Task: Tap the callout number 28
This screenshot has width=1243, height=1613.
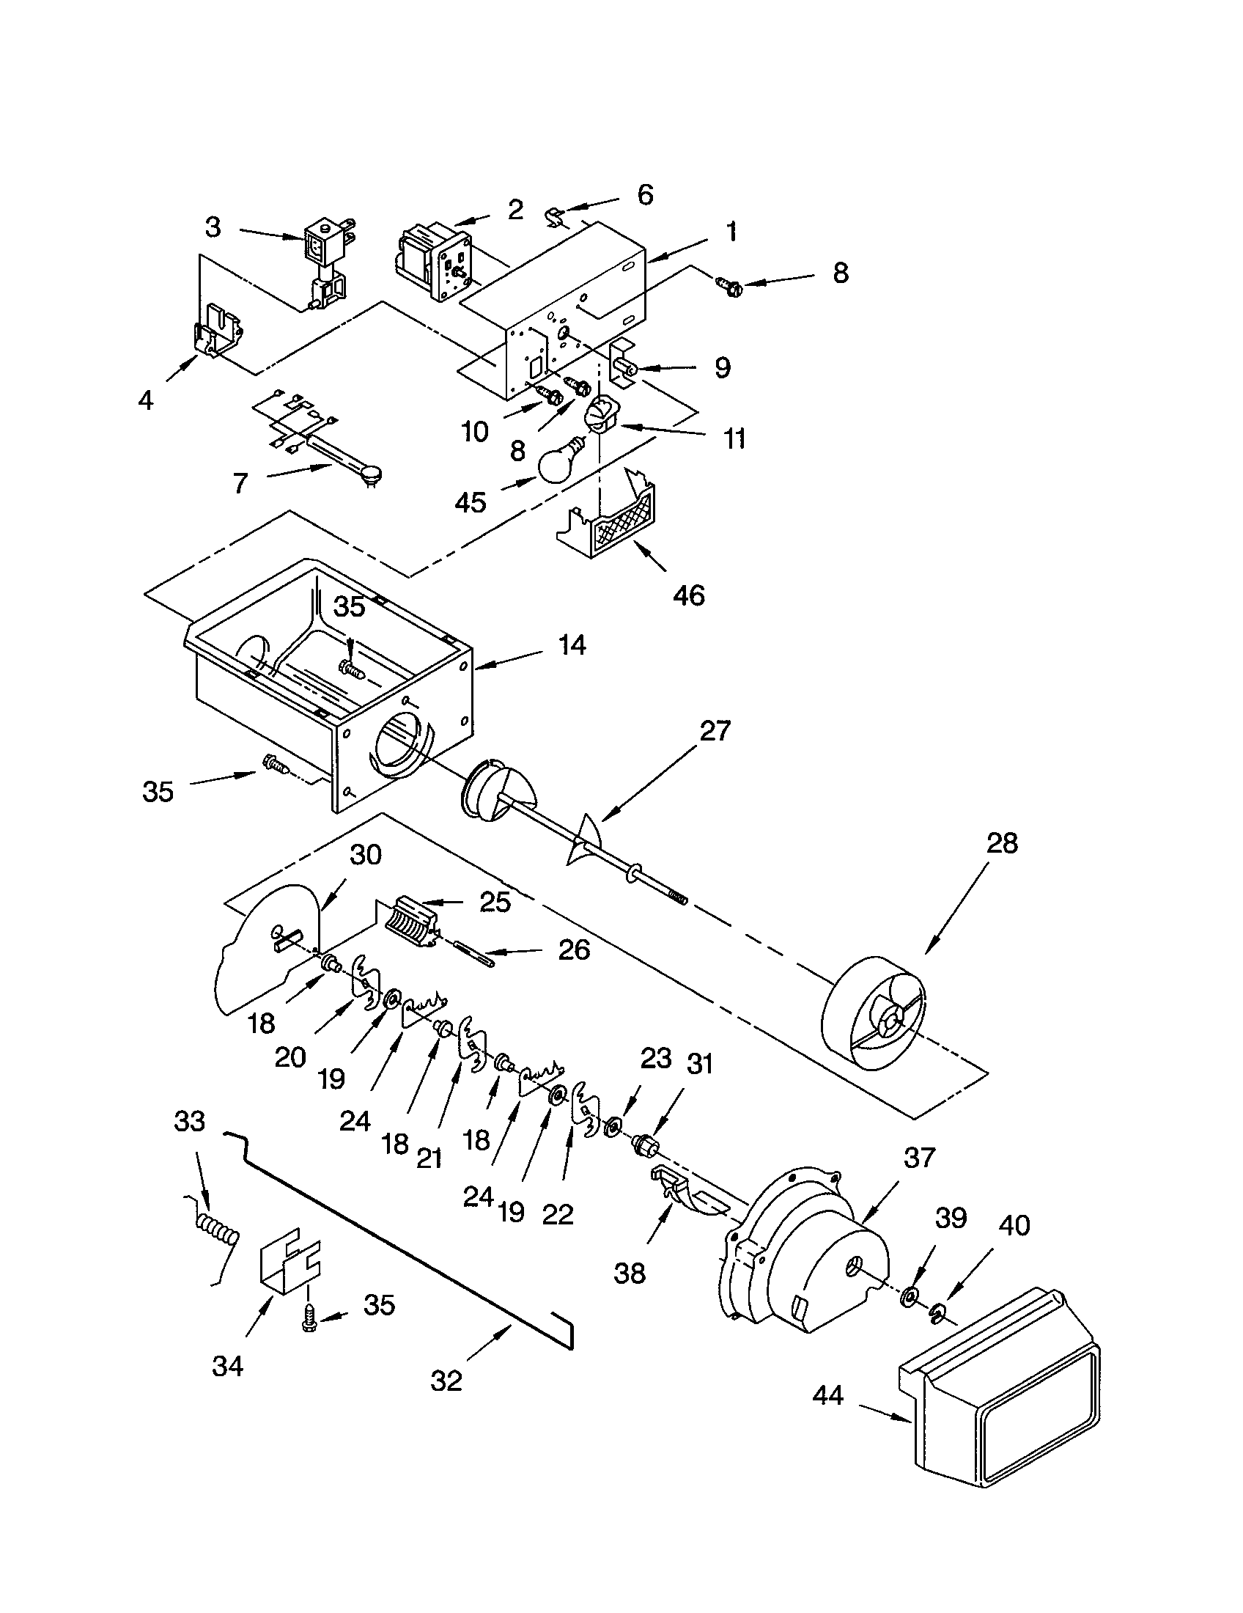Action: coord(1001,842)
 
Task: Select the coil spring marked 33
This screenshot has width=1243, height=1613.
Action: coord(216,1231)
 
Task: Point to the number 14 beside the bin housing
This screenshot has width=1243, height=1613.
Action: coord(572,644)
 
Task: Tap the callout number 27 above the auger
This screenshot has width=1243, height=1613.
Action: coord(714,731)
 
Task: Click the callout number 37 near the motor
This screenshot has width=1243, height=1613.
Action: coord(919,1157)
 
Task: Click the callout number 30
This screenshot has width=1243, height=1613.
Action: coord(366,854)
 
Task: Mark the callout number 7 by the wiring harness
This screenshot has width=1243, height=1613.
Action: coord(240,483)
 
